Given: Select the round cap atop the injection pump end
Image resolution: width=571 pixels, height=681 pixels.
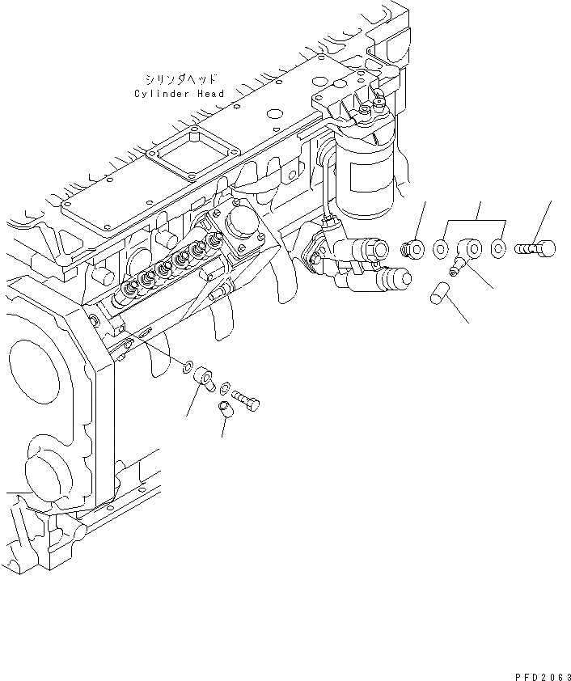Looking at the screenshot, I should coord(241,227).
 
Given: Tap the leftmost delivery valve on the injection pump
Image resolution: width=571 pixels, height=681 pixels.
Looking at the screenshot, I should coord(129,289).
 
